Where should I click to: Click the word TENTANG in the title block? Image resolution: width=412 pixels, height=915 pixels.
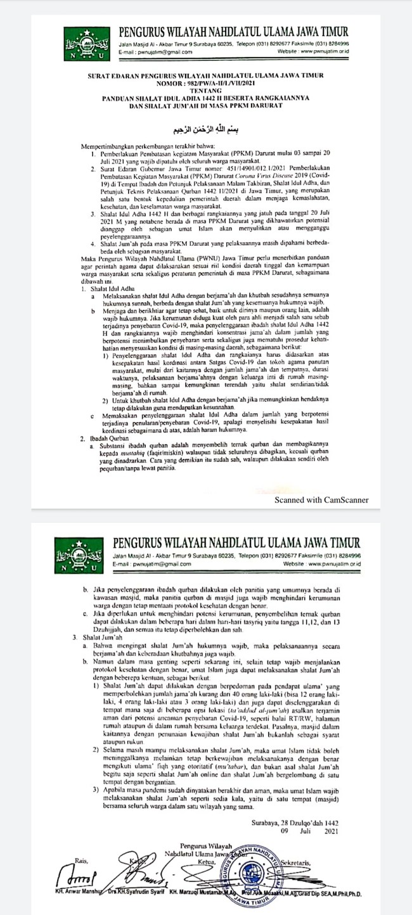(x=213, y=91)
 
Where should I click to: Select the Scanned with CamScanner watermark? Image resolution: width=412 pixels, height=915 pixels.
(x=321, y=482)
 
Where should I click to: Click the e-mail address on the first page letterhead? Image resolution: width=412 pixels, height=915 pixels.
(x=155, y=52)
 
